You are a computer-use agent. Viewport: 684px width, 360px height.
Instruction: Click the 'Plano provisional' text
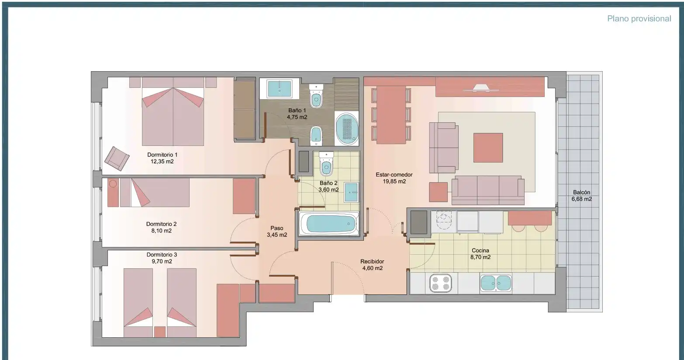click(x=639, y=19)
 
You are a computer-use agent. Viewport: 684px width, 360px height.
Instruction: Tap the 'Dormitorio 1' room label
click(x=162, y=155)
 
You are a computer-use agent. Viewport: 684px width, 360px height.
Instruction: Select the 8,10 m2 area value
click(x=162, y=231)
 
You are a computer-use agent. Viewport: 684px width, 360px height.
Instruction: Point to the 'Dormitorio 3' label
click(x=162, y=255)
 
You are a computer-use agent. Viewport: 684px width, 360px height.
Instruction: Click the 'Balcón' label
click(x=581, y=192)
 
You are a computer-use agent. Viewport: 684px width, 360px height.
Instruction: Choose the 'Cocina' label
click(x=480, y=250)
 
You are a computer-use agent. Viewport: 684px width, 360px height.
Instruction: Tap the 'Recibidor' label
click(x=372, y=261)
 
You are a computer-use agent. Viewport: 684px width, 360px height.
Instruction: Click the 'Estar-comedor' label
click(x=394, y=175)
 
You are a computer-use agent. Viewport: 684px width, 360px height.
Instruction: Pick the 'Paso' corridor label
click(x=277, y=228)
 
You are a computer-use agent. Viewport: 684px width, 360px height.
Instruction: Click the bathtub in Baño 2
click(x=328, y=224)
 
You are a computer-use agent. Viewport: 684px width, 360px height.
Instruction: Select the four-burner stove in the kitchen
click(x=440, y=283)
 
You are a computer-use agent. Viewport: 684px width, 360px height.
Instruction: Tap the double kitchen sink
click(x=496, y=283)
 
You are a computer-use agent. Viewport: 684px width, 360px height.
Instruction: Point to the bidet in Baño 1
click(x=316, y=136)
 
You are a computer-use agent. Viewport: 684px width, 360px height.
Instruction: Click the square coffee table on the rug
click(x=488, y=148)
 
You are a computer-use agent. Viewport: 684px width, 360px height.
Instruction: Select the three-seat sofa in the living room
click(x=488, y=190)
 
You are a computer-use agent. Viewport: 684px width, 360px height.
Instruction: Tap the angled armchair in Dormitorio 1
click(x=117, y=159)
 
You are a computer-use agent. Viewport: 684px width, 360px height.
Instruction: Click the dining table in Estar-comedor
click(x=391, y=115)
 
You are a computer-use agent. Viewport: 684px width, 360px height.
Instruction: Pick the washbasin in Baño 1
click(x=280, y=89)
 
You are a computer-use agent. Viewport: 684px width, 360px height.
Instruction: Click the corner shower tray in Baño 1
click(x=346, y=128)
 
